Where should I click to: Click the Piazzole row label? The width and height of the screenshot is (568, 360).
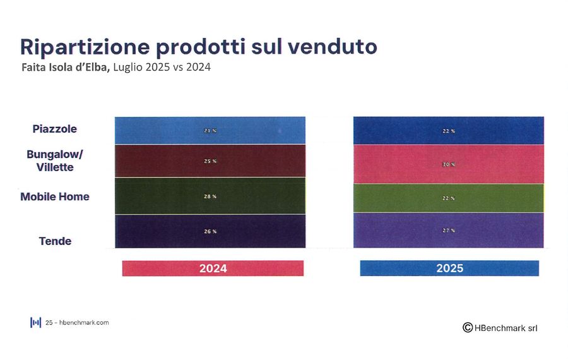pos(55,129)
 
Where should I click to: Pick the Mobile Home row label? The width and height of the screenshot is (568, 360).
pos(55,196)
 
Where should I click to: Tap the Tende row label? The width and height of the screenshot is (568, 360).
pos(55,241)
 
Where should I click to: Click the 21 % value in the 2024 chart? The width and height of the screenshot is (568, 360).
pos(210,131)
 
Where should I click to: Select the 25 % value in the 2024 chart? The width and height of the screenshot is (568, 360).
pos(210,161)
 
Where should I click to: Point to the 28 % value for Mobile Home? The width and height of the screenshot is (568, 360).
pos(210,196)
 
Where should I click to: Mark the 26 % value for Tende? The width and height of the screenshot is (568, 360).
pos(210,231)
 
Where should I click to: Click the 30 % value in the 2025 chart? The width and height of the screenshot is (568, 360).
pos(448,164)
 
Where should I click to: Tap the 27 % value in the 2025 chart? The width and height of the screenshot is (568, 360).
pos(448,231)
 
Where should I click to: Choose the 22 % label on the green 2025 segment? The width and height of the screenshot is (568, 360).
pos(448,198)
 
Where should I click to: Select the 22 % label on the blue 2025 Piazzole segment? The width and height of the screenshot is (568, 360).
pos(448,131)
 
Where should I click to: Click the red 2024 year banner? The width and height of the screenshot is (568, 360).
pos(213,268)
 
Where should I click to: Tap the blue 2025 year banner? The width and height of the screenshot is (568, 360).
pos(449,268)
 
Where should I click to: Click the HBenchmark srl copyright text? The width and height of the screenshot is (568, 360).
pos(500,327)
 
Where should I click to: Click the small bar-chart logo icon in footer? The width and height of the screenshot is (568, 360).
pos(35,322)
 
